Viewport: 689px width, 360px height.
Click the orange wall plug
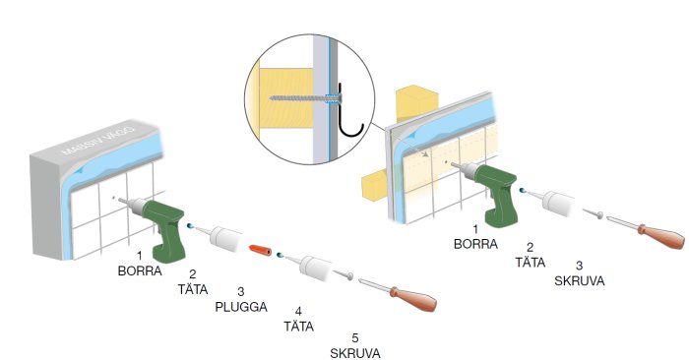(x=261, y=250)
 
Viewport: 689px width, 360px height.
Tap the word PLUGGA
(x=241, y=307)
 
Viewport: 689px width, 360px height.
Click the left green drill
(x=158, y=223)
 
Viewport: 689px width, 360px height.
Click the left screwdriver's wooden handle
(x=413, y=299)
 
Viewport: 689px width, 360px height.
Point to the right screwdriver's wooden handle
(x=661, y=237)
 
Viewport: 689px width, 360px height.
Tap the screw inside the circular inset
(x=304, y=98)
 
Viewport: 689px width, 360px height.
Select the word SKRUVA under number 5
(x=355, y=353)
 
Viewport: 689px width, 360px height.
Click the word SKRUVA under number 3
(x=579, y=280)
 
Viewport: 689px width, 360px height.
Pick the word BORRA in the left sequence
(x=140, y=270)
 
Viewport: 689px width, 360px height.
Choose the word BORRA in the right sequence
(x=475, y=244)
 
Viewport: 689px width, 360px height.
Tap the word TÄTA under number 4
(x=298, y=327)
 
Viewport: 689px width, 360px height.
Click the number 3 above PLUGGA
(x=240, y=291)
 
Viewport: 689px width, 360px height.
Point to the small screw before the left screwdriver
(x=344, y=274)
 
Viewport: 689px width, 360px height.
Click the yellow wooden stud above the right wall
(x=416, y=102)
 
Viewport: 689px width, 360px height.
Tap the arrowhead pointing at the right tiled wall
(x=425, y=154)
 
